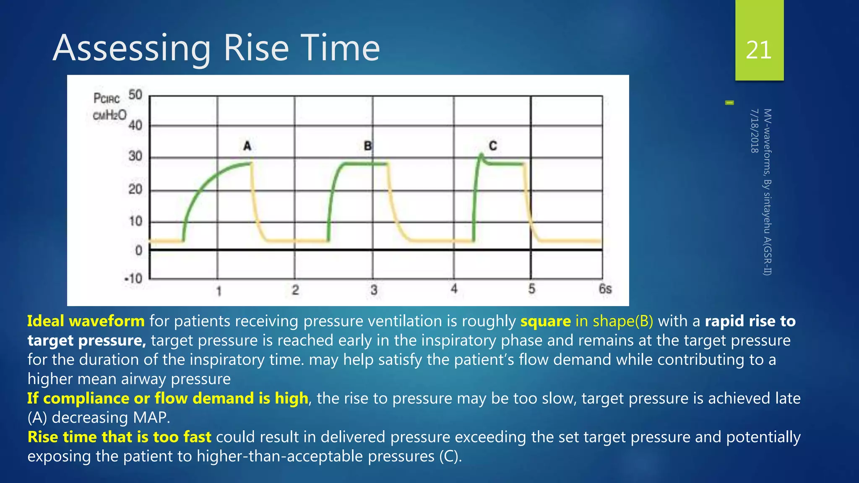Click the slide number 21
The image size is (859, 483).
coord(759,50)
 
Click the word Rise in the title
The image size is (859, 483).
coord(256,48)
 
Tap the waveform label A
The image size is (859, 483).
coord(247,146)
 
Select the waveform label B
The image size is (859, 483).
coord(367,146)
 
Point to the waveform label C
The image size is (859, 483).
coord(493,146)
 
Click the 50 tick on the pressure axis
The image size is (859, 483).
coord(135,95)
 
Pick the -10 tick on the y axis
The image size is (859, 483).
coord(133,278)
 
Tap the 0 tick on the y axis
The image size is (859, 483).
coord(139,251)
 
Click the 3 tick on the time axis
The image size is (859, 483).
coord(374,290)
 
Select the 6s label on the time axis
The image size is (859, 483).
coord(605,289)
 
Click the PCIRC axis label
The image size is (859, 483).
coord(107,99)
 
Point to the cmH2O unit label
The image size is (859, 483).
coord(109,115)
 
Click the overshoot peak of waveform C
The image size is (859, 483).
coord(481,155)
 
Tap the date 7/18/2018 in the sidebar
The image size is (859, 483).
coord(754,131)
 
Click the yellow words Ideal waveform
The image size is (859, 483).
coord(86,321)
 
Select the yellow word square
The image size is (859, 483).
coord(545,321)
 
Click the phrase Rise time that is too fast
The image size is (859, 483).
coord(120,437)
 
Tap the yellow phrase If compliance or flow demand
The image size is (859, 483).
coord(138,398)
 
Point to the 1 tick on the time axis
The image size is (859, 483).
coord(219,291)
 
